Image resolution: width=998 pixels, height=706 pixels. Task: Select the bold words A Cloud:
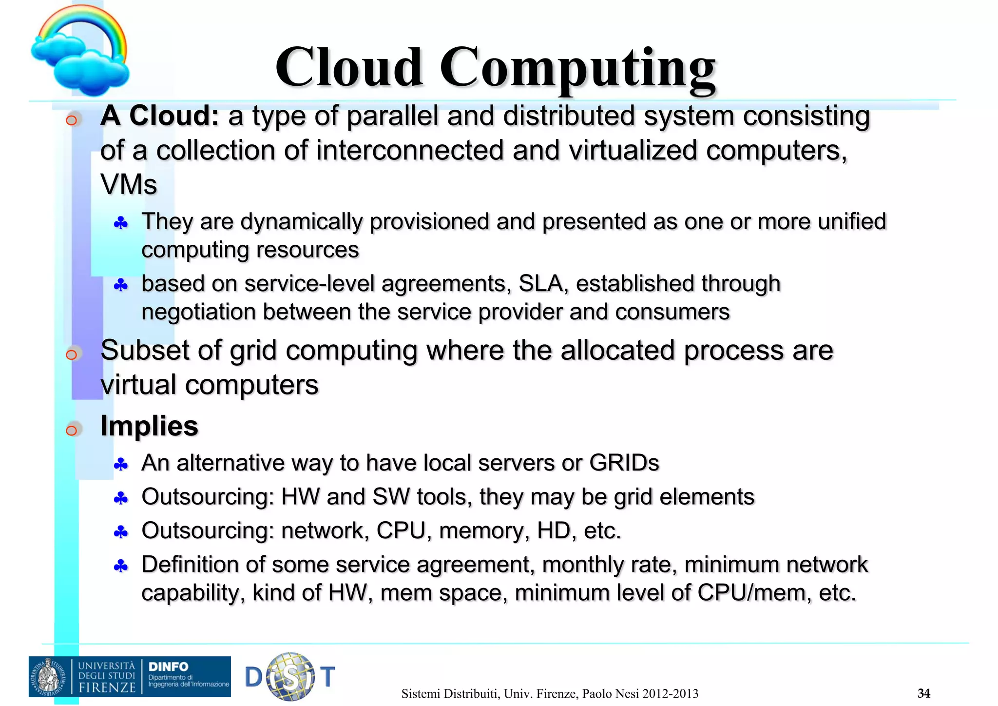pyautogui.click(x=159, y=117)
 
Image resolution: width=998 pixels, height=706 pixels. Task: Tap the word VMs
pyautogui.click(x=129, y=185)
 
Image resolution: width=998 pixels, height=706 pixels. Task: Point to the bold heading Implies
pyautogui.click(x=149, y=426)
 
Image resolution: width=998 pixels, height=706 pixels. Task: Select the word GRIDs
pyautogui.click(x=624, y=463)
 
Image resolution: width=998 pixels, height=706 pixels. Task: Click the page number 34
pyautogui.click(x=923, y=693)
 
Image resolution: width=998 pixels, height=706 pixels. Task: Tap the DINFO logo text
pyautogui.click(x=168, y=667)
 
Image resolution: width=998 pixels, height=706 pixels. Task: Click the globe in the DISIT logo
pyautogui.click(x=291, y=676)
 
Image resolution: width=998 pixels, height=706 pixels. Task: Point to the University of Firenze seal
pyautogui.click(x=49, y=677)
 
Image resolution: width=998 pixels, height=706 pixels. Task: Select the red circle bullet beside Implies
pyautogui.click(x=72, y=430)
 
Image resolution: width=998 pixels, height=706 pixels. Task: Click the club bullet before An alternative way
pyautogui.click(x=120, y=465)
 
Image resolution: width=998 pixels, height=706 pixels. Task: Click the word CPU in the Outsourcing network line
pyautogui.click(x=401, y=531)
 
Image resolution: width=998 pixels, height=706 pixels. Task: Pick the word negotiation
pyautogui.click(x=197, y=312)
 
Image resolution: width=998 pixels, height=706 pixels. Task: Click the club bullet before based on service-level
pyautogui.click(x=120, y=285)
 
